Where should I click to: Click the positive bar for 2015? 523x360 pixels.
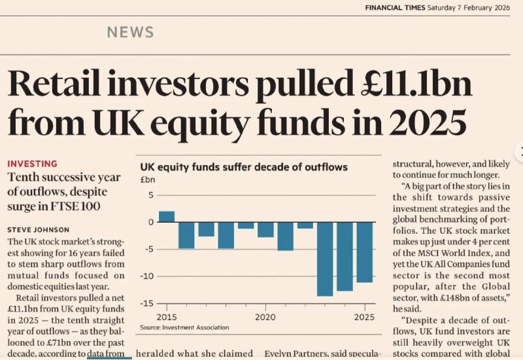[167, 216]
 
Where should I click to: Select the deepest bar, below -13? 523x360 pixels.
[324, 259]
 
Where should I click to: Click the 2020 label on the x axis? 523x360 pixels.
[265, 317]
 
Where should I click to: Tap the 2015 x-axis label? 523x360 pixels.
[167, 317]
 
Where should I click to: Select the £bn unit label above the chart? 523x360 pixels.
[148, 179]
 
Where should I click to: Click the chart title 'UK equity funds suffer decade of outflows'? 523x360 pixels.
[244, 167]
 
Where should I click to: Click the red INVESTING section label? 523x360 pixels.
[32, 163]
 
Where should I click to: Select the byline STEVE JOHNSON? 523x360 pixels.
[39, 230]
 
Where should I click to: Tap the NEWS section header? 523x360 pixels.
[130, 32]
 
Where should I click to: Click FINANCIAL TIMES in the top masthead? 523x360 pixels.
[395, 8]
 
